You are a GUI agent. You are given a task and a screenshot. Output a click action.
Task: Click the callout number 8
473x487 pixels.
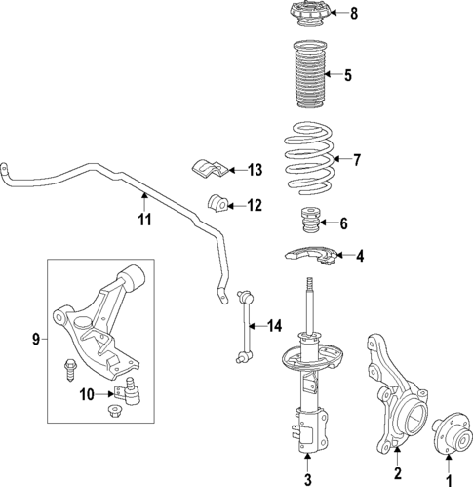(354, 14)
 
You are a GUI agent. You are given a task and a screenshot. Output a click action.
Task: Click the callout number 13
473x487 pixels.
(255, 170)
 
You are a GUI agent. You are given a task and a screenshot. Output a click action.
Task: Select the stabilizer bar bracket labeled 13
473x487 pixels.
(211, 169)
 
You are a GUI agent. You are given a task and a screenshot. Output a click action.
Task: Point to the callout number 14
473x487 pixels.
(274, 325)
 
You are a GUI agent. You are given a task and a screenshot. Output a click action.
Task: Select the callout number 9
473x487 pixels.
(36, 340)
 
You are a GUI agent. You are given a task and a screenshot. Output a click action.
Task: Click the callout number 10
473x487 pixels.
(87, 394)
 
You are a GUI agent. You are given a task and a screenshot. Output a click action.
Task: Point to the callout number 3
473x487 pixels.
(307, 478)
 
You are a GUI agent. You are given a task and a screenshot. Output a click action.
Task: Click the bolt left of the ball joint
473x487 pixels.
(71, 371)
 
